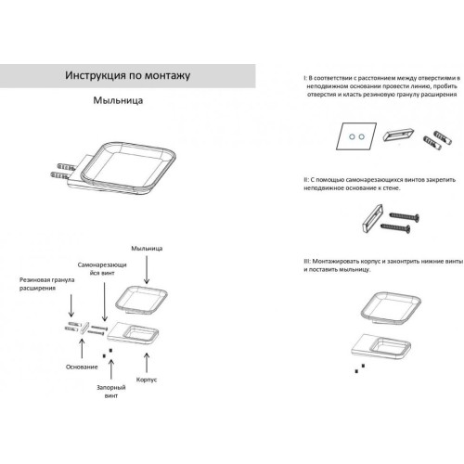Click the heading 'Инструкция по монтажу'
(x=127, y=75)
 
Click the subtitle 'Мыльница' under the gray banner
(x=118, y=100)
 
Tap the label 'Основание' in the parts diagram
(x=82, y=367)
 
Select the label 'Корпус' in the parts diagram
(x=147, y=380)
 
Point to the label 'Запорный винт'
(x=111, y=392)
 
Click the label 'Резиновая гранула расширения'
(x=46, y=284)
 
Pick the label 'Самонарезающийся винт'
(x=102, y=269)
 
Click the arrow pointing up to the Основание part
(x=82, y=349)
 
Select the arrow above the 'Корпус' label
(x=147, y=363)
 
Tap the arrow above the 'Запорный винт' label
(x=111, y=369)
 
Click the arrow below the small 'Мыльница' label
(x=147, y=270)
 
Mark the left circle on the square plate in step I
(x=352, y=136)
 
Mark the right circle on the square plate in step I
(x=361, y=136)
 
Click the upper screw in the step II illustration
(x=404, y=216)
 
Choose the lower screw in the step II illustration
(x=395, y=228)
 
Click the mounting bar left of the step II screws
(x=372, y=218)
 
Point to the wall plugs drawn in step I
(x=437, y=140)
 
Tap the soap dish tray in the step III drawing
(x=391, y=307)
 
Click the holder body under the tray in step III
(x=381, y=348)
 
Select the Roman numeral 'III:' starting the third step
(x=307, y=262)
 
